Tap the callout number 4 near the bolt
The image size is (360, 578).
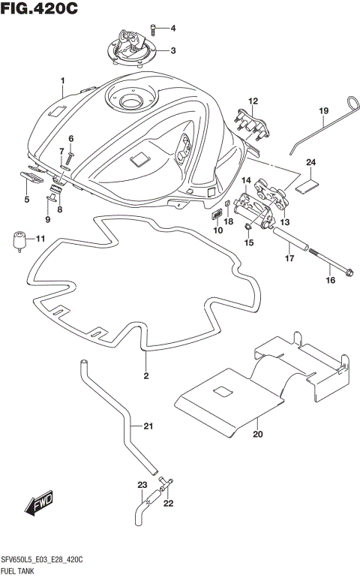tap(172, 29)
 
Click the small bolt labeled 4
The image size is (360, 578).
tap(154, 29)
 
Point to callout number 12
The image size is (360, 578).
tap(253, 101)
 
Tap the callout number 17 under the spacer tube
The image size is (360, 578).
tap(287, 259)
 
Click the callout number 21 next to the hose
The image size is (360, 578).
tap(148, 427)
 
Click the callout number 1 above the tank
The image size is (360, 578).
tap(63, 80)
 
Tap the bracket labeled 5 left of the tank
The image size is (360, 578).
tap(30, 177)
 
